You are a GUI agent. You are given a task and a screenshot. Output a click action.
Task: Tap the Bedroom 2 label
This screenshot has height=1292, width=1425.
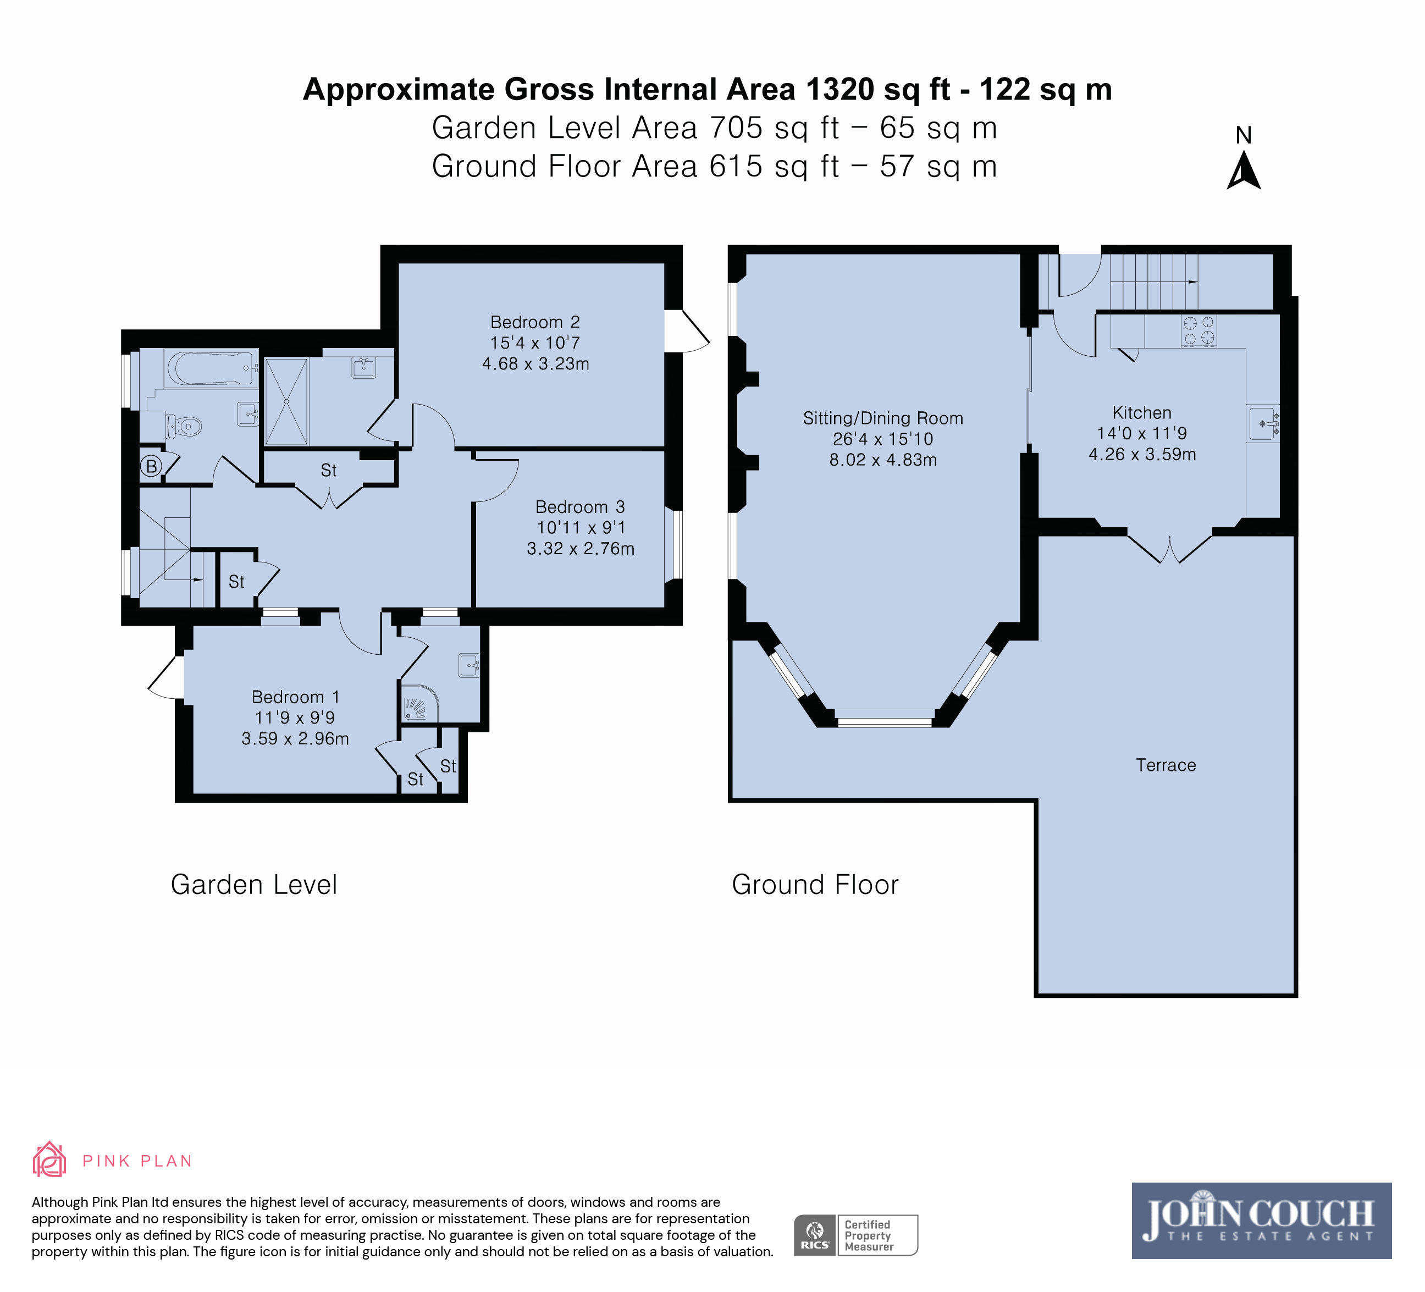click(535, 322)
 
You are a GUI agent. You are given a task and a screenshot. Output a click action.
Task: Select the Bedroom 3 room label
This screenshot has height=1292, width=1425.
click(581, 507)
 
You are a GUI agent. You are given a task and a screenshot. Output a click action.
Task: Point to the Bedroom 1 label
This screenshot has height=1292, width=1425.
click(295, 697)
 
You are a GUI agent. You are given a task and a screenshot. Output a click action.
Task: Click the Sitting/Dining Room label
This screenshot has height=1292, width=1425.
click(883, 418)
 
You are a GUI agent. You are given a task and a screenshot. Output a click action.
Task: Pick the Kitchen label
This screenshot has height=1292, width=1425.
click(1141, 413)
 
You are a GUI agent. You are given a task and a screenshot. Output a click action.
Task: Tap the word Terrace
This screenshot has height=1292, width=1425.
click(1166, 765)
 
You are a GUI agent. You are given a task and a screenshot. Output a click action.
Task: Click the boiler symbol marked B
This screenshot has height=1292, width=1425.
click(151, 466)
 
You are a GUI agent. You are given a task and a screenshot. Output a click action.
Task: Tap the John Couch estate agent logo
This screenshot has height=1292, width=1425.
click(1261, 1221)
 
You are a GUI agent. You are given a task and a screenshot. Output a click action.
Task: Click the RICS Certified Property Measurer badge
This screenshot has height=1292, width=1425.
click(855, 1235)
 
